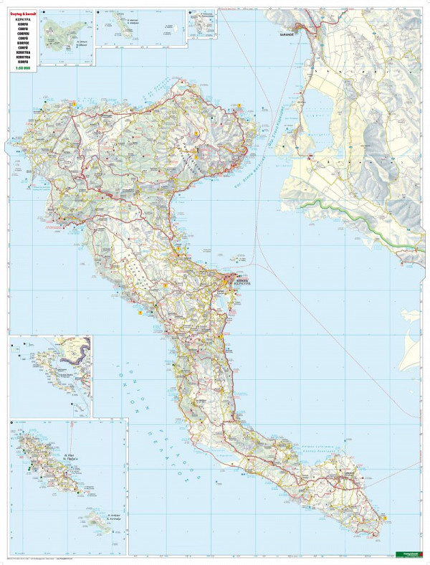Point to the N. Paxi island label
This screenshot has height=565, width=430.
pyautogui.click(x=70, y=455)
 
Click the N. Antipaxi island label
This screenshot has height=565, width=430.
pyautogui.click(x=113, y=516)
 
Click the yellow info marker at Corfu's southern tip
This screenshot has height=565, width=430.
pyautogui.click(x=385, y=517)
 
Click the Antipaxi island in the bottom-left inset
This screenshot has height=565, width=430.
pyautogui.click(x=94, y=518)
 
